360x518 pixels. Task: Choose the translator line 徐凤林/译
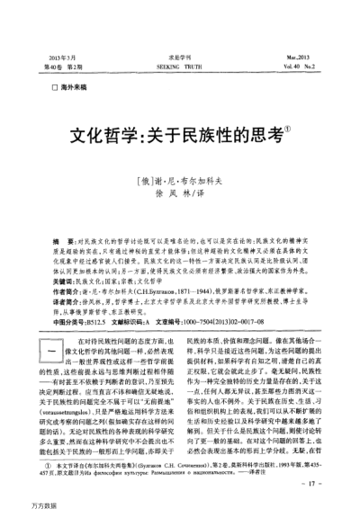pos(180,192)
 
